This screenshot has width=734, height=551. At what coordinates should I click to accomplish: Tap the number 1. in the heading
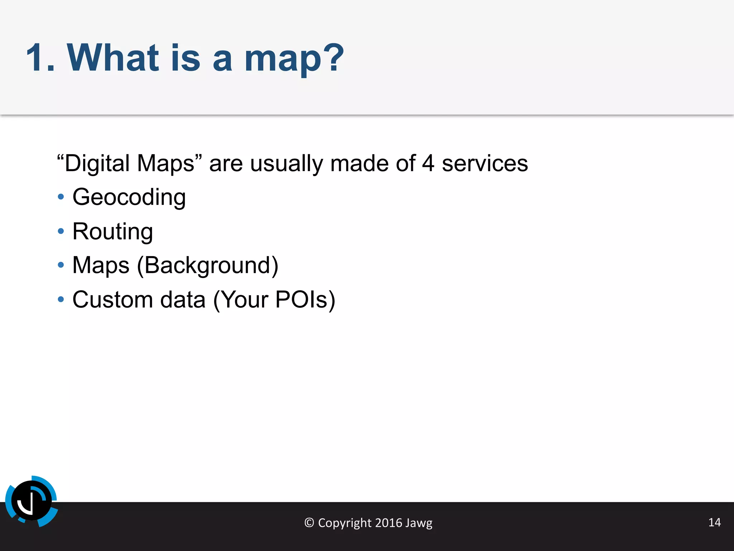pos(40,58)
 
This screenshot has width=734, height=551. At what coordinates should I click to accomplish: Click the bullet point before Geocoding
pos(61,197)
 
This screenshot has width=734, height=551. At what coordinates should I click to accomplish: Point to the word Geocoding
pos(129,197)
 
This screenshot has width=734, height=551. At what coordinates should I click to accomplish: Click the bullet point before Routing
pos(61,231)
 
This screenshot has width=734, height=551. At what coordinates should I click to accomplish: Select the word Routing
pos(113,231)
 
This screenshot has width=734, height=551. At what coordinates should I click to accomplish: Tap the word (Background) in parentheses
pos(208,265)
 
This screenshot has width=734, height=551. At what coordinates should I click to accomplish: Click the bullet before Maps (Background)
pos(61,265)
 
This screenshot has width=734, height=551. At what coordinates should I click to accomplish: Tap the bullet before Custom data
pos(61,299)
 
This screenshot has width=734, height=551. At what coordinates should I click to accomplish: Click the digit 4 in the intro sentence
pos(428,164)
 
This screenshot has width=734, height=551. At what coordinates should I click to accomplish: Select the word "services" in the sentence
pos(485,164)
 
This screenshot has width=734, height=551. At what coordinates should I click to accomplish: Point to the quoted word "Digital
pos(94,164)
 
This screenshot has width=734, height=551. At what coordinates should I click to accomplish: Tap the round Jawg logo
pos(32,501)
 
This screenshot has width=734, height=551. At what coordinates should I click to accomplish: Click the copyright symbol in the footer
pos(309,523)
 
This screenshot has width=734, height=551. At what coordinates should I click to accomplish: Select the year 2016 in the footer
pos(389,523)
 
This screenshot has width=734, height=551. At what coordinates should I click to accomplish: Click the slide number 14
pos(714,522)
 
